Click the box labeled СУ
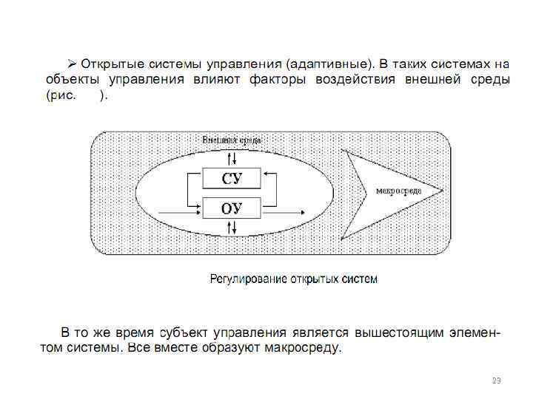232,178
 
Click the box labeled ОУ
232,208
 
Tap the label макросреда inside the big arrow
399,191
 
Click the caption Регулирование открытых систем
294,279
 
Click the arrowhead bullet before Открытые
73,61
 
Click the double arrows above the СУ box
232,158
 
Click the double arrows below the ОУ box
232,228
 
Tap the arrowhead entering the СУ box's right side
266,175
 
